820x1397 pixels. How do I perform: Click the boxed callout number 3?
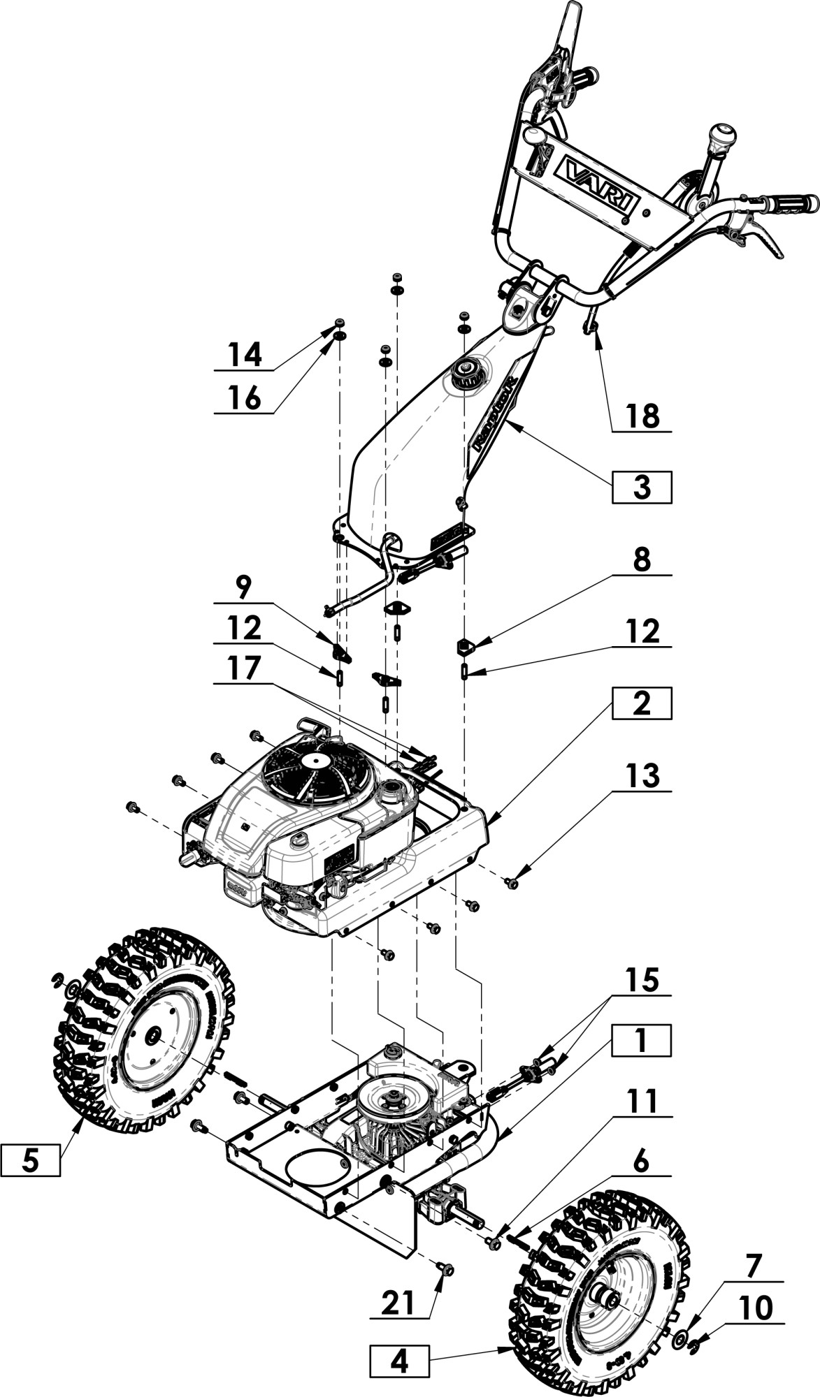pos(642,488)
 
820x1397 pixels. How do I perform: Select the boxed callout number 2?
pos(642,703)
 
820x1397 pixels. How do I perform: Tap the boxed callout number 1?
pos(642,1040)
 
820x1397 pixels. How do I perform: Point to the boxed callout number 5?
pos(30,1160)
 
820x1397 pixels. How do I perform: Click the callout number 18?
pos(642,416)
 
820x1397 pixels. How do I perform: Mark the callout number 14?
pos(245,355)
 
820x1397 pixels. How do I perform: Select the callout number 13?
pos(642,775)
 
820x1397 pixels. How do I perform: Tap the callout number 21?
pos(399,1303)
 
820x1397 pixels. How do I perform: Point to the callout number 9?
pos(243,588)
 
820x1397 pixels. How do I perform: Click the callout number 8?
pos(642,560)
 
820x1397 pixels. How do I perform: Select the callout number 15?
pos(642,979)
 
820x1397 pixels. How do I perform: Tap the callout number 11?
pos(642,1102)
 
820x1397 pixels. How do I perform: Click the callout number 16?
pos(245,398)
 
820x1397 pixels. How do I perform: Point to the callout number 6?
pos(642,1162)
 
